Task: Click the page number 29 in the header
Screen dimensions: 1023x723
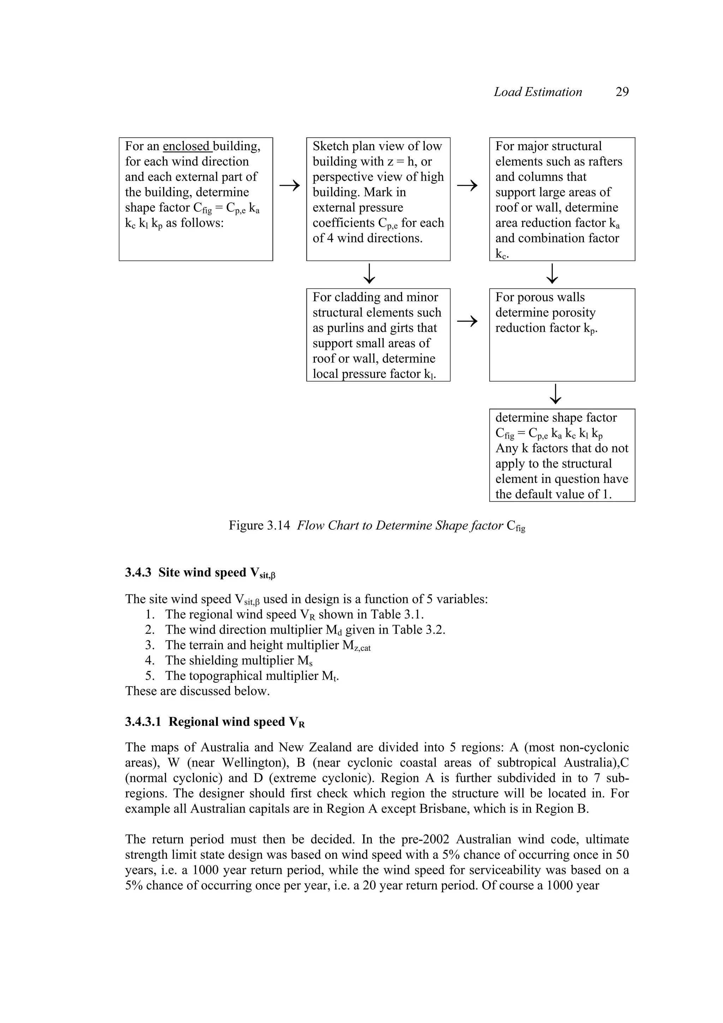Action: pyautogui.click(x=622, y=92)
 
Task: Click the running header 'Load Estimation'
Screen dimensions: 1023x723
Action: pyautogui.click(x=538, y=92)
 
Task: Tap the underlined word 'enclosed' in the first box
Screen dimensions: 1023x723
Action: pyautogui.click(x=186, y=146)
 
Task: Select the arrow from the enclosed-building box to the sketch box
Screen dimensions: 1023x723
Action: pyautogui.click(x=289, y=185)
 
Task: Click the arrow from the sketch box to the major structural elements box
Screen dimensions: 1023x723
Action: pyautogui.click(x=467, y=185)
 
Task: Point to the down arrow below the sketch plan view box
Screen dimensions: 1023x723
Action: pyautogui.click(x=369, y=274)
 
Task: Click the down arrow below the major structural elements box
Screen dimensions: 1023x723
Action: pyautogui.click(x=552, y=274)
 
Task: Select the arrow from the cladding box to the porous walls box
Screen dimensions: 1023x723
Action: pyautogui.click(x=467, y=321)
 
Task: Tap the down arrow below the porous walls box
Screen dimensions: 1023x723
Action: pyautogui.click(x=556, y=394)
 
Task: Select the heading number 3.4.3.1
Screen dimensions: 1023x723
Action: pyautogui.click(x=143, y=722)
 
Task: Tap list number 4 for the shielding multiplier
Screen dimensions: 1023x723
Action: pyautogui.click(x=150, y=660)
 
